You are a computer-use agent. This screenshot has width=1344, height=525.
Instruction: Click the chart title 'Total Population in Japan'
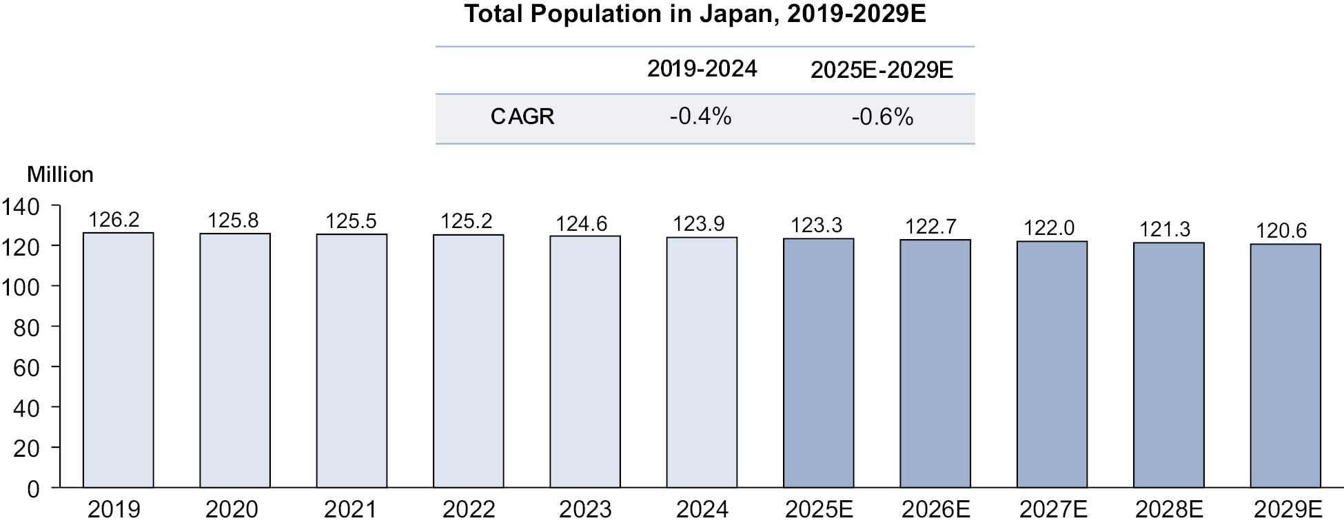695,14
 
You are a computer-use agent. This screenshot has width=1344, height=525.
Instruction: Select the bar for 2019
118,360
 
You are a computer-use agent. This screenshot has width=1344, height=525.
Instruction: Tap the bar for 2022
468,361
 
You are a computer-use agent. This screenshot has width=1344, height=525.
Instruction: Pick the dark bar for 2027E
1052,364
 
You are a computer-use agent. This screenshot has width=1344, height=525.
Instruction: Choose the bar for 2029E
1285,366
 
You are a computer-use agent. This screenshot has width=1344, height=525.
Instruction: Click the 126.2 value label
114,220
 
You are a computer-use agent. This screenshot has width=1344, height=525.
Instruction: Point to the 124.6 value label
582,224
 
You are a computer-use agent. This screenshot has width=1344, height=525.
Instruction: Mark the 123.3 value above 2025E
817,225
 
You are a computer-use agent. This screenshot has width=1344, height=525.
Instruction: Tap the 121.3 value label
1165,229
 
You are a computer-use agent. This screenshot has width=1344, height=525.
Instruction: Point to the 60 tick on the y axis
26,368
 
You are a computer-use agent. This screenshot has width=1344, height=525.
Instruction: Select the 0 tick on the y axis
33,489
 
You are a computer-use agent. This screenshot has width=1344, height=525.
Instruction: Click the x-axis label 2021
350,510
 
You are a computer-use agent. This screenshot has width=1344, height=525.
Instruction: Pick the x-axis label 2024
702,510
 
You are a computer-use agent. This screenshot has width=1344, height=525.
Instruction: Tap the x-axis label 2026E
935,510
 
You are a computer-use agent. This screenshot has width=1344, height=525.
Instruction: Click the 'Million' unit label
60,175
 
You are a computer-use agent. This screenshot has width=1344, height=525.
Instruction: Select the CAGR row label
522,117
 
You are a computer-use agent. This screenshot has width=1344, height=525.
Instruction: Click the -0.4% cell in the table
700,117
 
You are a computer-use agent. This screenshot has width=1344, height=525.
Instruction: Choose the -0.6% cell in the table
882,117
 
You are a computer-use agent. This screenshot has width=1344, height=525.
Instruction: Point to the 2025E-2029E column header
882,70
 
